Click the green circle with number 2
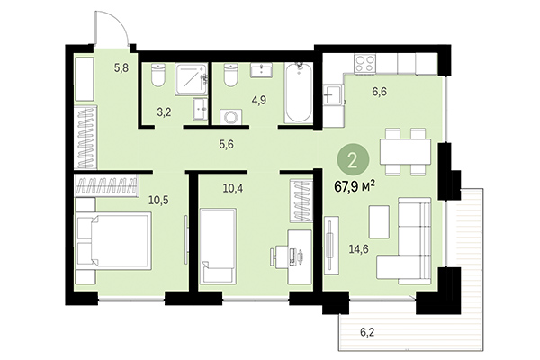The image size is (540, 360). (353, 162)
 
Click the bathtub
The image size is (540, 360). (297, 93)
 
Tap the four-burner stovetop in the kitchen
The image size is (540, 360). (366, 64)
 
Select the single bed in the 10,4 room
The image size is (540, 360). (218, 246)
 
